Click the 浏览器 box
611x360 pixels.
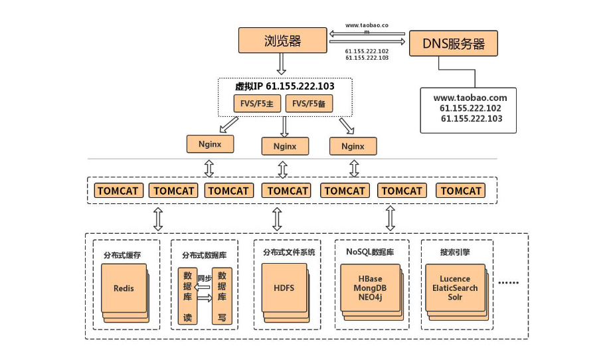[x=282, y=41]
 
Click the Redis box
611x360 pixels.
[x=124, y=288]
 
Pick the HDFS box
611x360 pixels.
[x=284, y=288]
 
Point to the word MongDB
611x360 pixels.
[x=369, y=288]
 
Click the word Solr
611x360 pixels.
[x=455, y=297]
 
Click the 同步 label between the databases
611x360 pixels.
[x=204, y=278]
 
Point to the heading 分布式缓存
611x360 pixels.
[x=122, y=254]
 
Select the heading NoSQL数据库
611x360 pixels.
[x=370, y=252]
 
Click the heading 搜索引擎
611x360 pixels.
[x=454, y=252]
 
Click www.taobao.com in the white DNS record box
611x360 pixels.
[x=470, y=98]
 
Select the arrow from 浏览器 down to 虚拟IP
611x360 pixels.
[x=282, y=64]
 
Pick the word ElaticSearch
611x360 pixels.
[x=455, y=288]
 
